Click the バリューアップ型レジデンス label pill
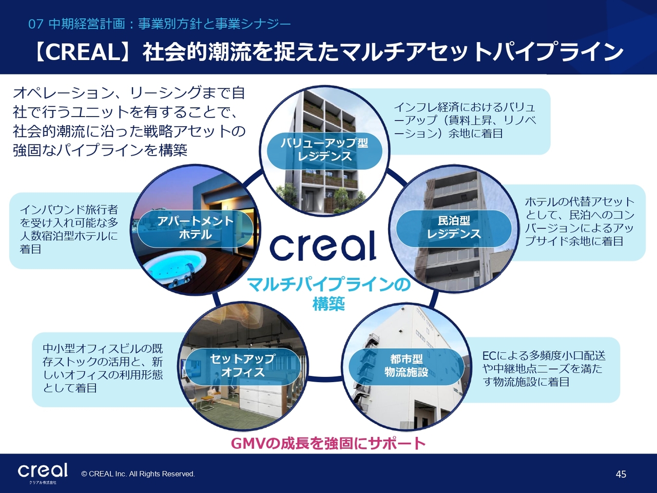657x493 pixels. click(x=324, y=150)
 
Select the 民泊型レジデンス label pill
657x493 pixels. click(x=454, y=228)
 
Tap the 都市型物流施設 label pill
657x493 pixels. click(x=406, y=366)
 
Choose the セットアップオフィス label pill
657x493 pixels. click(x=243, y=366)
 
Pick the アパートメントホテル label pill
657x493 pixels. click(x=196, y=228)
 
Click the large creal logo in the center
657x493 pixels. click(x=323, y=245)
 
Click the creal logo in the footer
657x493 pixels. click(x=43, y=471)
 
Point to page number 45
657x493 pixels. click(x=621, y=474)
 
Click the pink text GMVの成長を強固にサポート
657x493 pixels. click(x=328, y=443)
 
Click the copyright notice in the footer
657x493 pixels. click(x=138, y=474)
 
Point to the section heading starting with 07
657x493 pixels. click(x=159, y=24)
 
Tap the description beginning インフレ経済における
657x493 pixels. click(x=465, y=120)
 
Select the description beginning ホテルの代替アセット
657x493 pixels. click(x=580, y=221)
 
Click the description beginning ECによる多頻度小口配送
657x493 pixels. click(x=544, y=369)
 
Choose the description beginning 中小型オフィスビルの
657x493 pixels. click(x=103, y=369)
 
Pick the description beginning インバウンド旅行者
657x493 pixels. click(x=69, y=229)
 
